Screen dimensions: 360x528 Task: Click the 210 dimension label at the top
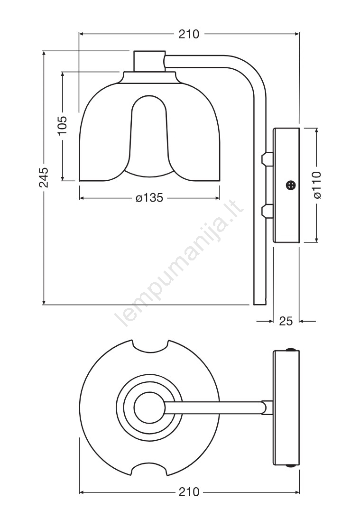point(189,34)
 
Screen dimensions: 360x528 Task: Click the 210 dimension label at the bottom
point(189,492)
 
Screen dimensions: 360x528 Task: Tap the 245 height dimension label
point(44,177)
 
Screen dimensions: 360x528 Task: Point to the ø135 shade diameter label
point(150,198)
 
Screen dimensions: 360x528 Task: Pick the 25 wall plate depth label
point(286,321)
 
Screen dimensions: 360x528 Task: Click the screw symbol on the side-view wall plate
point(291,185)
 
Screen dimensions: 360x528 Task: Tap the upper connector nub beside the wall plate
point(268,158)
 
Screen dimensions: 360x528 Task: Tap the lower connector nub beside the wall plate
point(268,211)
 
